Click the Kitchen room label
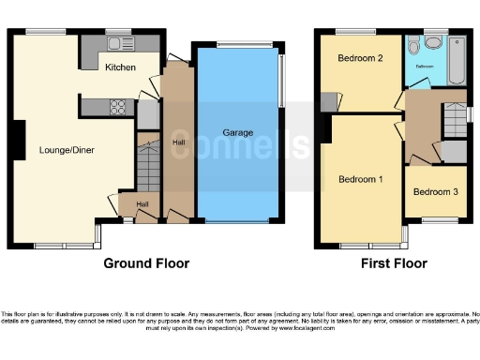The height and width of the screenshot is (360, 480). tap(119, 67)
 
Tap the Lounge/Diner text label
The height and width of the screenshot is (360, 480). tap(67, 149)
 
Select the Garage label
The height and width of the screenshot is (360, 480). tap(237, 133)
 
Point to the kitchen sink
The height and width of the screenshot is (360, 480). tap(120, 43)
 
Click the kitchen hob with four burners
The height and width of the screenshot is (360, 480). tap(120, 106)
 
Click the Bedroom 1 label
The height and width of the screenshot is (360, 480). tap(360, 179)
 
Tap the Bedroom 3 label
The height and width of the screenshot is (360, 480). tap(436, 192)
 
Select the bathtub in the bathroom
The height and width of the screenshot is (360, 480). tap(457, 61)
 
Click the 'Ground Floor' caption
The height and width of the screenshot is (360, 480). tap(145, 263)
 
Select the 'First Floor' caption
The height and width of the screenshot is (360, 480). tap(394, 263)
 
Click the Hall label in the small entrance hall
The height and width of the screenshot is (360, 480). tap(142, 203)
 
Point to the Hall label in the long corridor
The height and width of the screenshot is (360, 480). tap(178, 142)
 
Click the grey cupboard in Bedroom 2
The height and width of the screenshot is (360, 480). tap(324, 101)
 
